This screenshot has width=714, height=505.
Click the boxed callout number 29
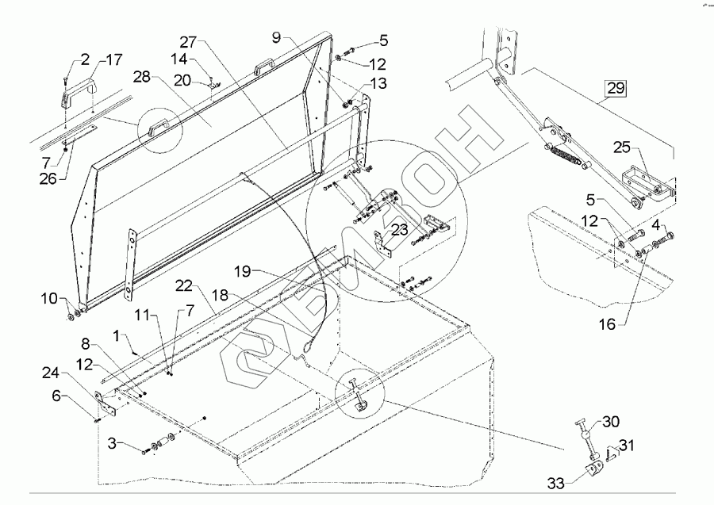(616, 89)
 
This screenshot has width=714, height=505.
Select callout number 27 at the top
(188, 43)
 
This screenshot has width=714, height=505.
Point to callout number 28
(142, 79)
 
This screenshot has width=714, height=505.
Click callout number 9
(275, 37)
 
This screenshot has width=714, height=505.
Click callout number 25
(622, 148)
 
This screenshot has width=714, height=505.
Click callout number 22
(183, 285)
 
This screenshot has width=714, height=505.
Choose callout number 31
(626, 444)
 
